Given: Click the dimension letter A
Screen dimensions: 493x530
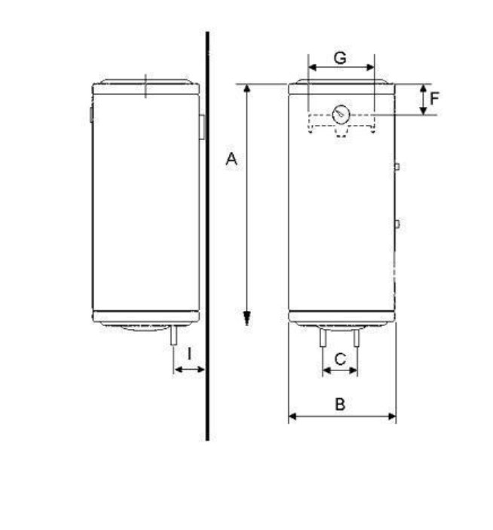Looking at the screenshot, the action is tap(231, 159).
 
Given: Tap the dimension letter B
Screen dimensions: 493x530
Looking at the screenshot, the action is tap(340, 404).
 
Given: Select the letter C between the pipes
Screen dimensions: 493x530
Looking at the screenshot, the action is tap(340, 359).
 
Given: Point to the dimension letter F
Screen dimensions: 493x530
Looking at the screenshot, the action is tap(434, 99).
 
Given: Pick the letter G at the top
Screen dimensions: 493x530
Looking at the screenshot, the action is tap(340, 58).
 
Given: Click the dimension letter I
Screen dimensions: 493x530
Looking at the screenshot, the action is tap(189, 354).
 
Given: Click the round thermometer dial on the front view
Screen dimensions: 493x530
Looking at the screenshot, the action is tap(341, 114).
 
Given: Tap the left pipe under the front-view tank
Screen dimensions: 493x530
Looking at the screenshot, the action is tap(323, 337).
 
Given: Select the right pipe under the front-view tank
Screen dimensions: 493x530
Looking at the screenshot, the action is tap(357, 338).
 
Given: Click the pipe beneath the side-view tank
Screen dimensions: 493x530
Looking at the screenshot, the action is tap(173, 335).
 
